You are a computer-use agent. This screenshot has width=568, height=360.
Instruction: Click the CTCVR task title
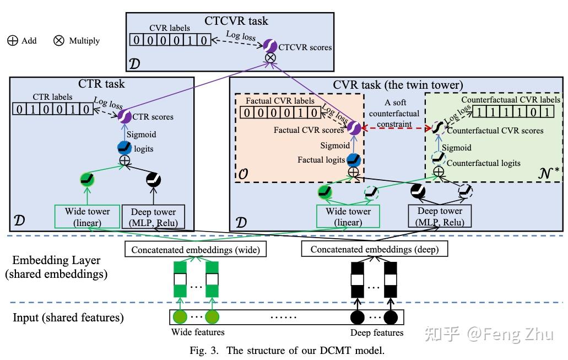click(236, 21)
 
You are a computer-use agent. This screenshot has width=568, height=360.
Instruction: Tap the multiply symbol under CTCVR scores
click(271, 58)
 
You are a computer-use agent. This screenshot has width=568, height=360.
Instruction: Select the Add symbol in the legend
click(12, 40)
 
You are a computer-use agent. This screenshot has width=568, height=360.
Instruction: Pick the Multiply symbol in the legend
click(59, 40)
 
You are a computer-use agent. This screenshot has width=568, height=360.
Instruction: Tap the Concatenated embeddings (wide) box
click(196, 250)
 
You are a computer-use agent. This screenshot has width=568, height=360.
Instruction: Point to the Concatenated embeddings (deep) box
click(375, 250)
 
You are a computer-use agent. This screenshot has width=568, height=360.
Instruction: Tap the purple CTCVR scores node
click(270, 46)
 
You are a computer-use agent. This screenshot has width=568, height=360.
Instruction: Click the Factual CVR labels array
click(280, 113)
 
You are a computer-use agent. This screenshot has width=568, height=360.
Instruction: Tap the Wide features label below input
click(198, 332)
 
